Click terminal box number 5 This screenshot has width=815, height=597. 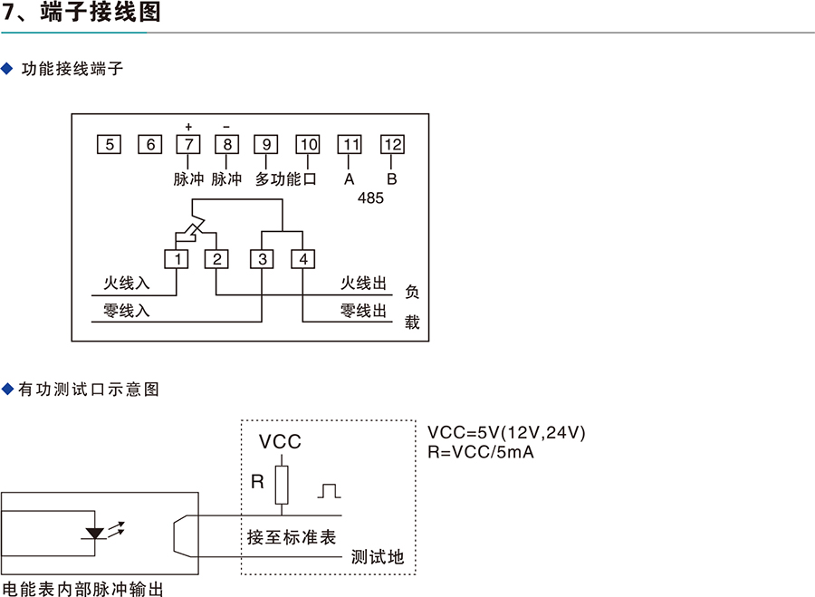(108, 145)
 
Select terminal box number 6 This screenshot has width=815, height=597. (149, 145)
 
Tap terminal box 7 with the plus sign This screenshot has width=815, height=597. (187, 145)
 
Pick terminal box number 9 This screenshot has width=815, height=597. (265, 145)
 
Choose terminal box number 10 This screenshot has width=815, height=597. (308, 145)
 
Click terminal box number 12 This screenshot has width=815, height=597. (392, 145)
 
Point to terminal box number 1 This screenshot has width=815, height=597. (177, 260)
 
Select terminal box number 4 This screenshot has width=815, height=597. (302, 260)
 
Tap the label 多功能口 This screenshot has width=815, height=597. (286, 179)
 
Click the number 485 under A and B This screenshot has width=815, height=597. (371, 197)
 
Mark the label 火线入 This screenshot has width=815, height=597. (126, 284)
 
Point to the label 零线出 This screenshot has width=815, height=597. (364, 311)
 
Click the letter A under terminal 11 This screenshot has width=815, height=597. (350, 179)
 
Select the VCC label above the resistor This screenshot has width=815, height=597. (280, 443)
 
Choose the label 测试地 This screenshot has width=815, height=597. (378, 557)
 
